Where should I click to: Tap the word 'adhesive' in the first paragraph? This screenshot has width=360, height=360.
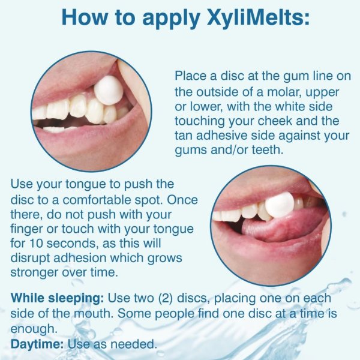(x=218, y=136)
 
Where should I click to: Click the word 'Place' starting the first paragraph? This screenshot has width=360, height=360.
(x=191, y=77)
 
